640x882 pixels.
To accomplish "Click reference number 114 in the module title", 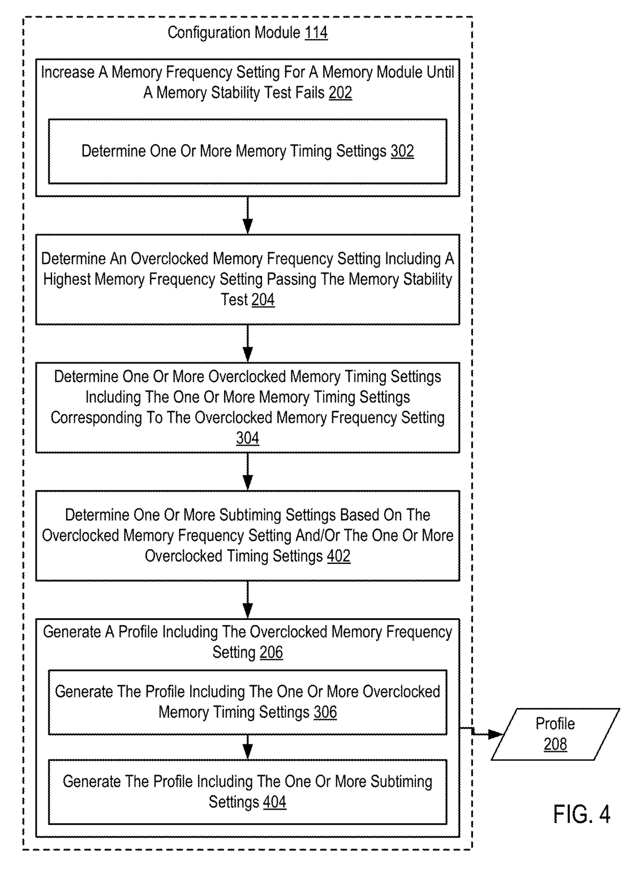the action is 316,32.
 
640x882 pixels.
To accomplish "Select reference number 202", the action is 340,92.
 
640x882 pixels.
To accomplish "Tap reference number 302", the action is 402,151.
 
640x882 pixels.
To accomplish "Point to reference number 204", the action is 263,299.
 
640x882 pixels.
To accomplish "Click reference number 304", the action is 248,438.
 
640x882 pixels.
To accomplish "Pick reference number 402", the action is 339,556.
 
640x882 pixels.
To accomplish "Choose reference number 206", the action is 271,652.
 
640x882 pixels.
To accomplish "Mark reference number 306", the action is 325,712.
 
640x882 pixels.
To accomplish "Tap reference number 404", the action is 275,802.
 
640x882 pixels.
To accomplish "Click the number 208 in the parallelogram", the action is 555,744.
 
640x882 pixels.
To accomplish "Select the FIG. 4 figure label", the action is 581,814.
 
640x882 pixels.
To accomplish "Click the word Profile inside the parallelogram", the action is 555,723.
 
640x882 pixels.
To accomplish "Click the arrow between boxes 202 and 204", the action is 248,215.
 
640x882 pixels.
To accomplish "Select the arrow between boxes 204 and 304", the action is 248,344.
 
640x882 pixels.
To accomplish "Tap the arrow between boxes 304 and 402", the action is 248,472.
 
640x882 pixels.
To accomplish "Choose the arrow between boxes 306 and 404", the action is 248,747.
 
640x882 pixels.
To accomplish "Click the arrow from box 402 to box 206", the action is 248,600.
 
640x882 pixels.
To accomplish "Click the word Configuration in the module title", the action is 209,33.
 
